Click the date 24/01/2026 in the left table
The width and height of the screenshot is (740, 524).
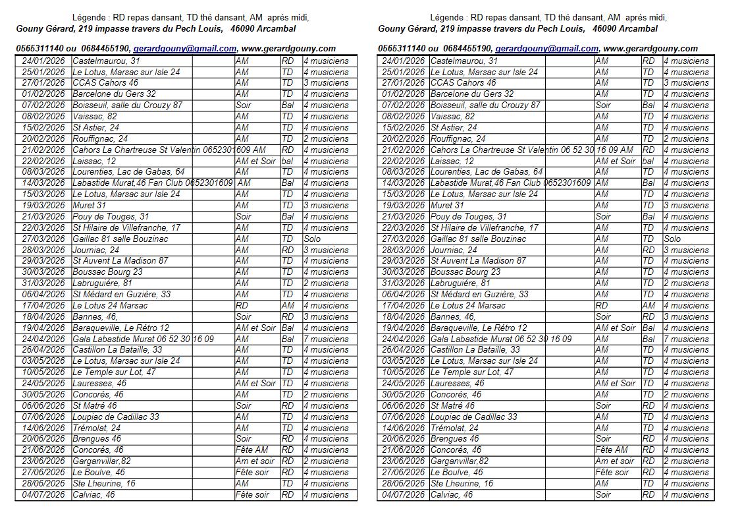point(43,61)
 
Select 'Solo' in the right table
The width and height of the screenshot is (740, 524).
point(672,239)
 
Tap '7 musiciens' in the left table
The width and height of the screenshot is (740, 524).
point(326,339)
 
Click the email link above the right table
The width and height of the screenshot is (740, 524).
point(546,48)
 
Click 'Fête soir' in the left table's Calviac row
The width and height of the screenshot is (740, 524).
point(252,494)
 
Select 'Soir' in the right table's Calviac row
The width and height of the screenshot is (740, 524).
point(603,494)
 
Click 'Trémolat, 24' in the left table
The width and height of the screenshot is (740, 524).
point(96,428)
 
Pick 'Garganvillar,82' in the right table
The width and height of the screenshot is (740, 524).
point(460,461)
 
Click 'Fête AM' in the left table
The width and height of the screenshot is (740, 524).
point(251,450)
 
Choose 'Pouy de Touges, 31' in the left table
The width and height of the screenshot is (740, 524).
point(111,216)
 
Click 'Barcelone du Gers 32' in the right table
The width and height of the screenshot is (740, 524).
point(471,94)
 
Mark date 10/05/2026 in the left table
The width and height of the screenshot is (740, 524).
point(43,372)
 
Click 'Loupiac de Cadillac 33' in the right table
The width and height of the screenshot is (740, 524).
point(473,417)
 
